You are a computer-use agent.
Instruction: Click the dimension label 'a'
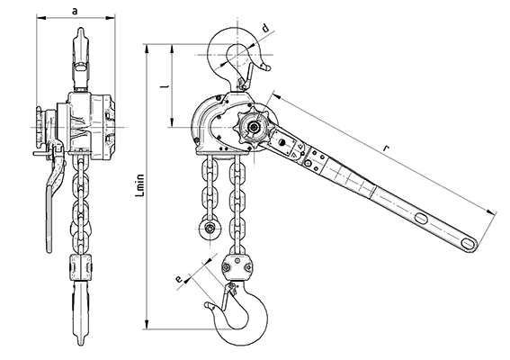tap(76, 12)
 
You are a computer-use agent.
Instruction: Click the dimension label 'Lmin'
tap(140, 185)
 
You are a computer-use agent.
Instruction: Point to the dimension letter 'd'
tap(265, 28)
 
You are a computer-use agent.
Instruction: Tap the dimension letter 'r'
tap(386, 148)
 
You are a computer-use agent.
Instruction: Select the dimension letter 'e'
tap(178, 279)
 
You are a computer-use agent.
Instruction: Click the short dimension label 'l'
tap(166, 86)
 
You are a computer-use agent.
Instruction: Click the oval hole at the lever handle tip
tap(469, 243)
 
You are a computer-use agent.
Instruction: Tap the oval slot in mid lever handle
tap(422, 218)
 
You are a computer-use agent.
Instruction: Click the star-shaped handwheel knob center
tap(253, 127)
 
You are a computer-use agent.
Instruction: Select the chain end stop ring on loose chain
tap(210, 229)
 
